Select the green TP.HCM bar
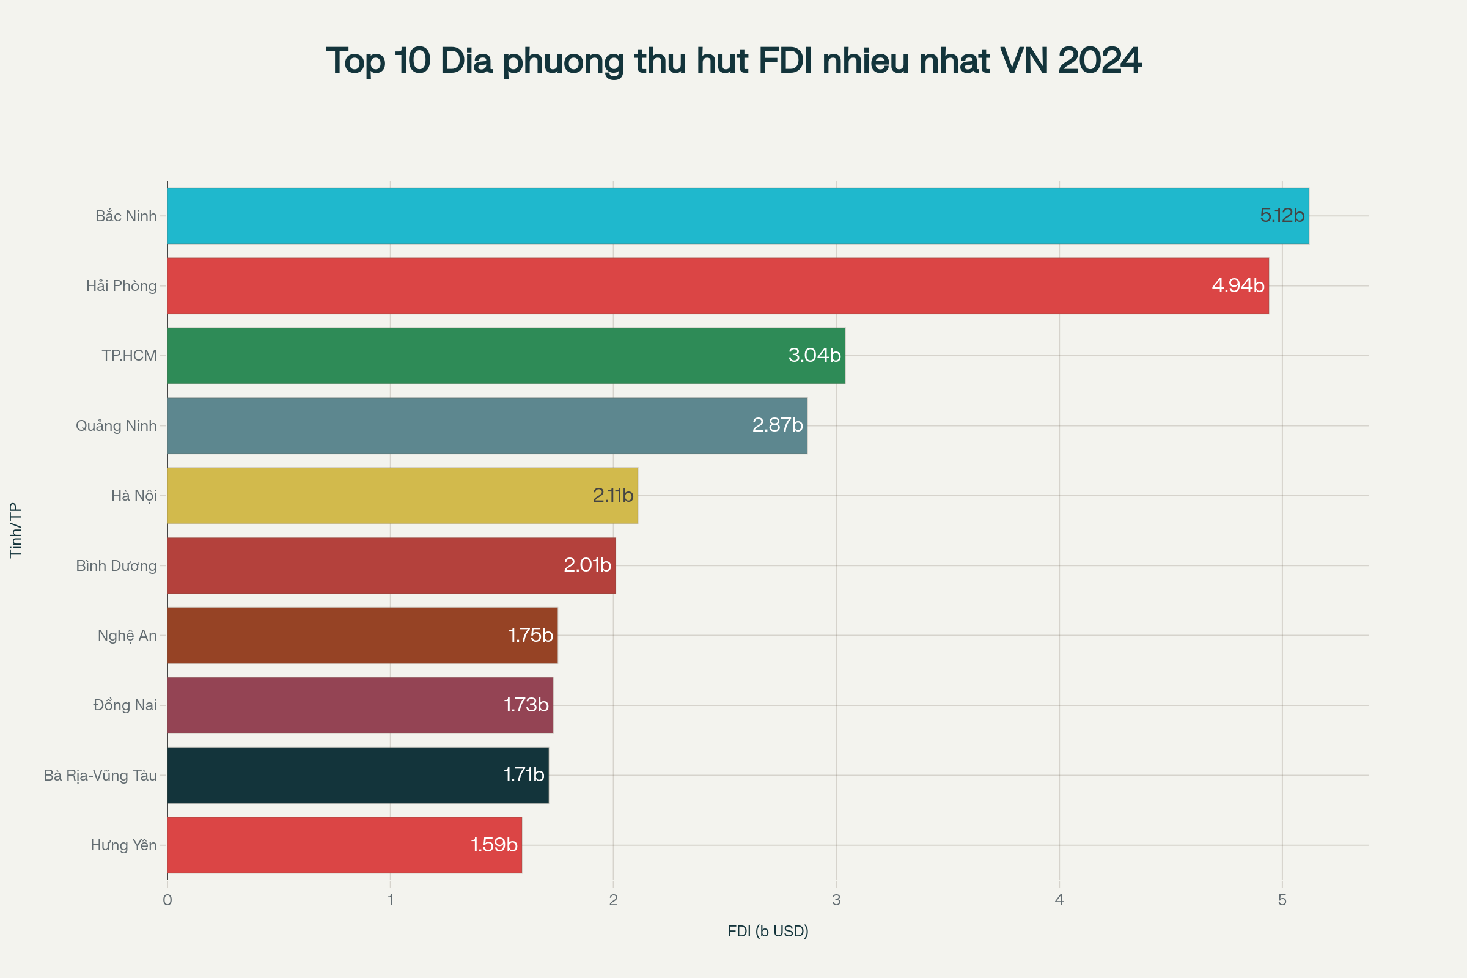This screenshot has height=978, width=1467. (506, 356)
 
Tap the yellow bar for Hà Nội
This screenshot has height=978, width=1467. (402, 495)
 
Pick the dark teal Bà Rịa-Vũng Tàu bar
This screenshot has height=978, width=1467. (358, 775)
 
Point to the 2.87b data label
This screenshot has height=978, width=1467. (777, 425)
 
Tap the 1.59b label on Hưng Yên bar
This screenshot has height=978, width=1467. (494, 845)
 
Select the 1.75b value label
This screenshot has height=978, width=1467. (530, 636)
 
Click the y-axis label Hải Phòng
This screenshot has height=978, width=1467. (122, 286)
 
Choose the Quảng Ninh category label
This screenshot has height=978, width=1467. (116, 426)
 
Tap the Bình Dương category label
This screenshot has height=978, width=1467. (116, 566)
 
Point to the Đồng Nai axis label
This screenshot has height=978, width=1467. (125, 705)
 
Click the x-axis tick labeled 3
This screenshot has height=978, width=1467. (836, 900)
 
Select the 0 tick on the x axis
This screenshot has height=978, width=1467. (167, 900)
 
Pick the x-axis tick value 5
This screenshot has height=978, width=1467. (1282, 900)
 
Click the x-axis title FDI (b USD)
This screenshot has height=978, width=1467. (768, 931)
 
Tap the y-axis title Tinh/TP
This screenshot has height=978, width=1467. (16, 530)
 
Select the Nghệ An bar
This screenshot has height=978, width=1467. (362, 636)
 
